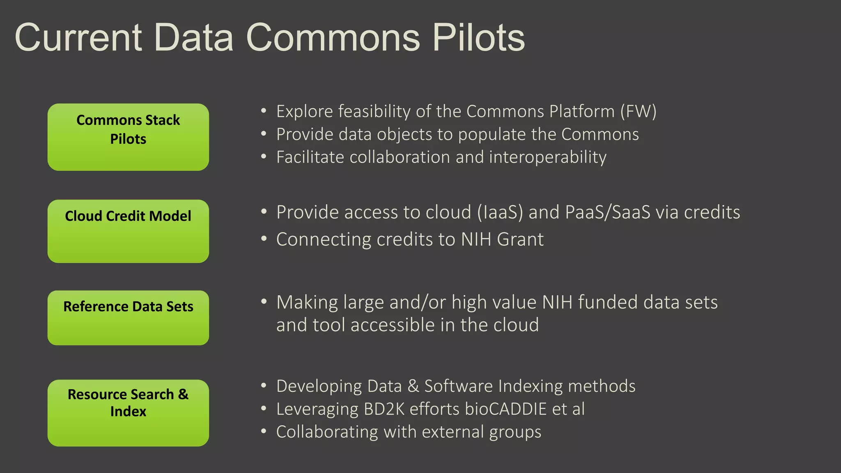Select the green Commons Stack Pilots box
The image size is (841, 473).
click(128, 137)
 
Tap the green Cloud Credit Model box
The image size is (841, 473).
click(128, 231)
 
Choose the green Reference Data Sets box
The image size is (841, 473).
click(128, 318)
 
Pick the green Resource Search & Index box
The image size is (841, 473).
click(128, 413)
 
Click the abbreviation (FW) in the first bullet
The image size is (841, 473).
click(638, 111)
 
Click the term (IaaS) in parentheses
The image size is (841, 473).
click(500, 212)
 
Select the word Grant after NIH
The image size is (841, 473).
click(520, 239)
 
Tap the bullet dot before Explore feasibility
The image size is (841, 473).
click(264, 111)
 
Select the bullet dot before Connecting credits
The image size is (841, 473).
click(264, 239)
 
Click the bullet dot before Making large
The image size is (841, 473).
click(264, 302)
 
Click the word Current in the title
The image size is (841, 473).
click(78, 37)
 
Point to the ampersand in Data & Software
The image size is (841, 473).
click(413, 386)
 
